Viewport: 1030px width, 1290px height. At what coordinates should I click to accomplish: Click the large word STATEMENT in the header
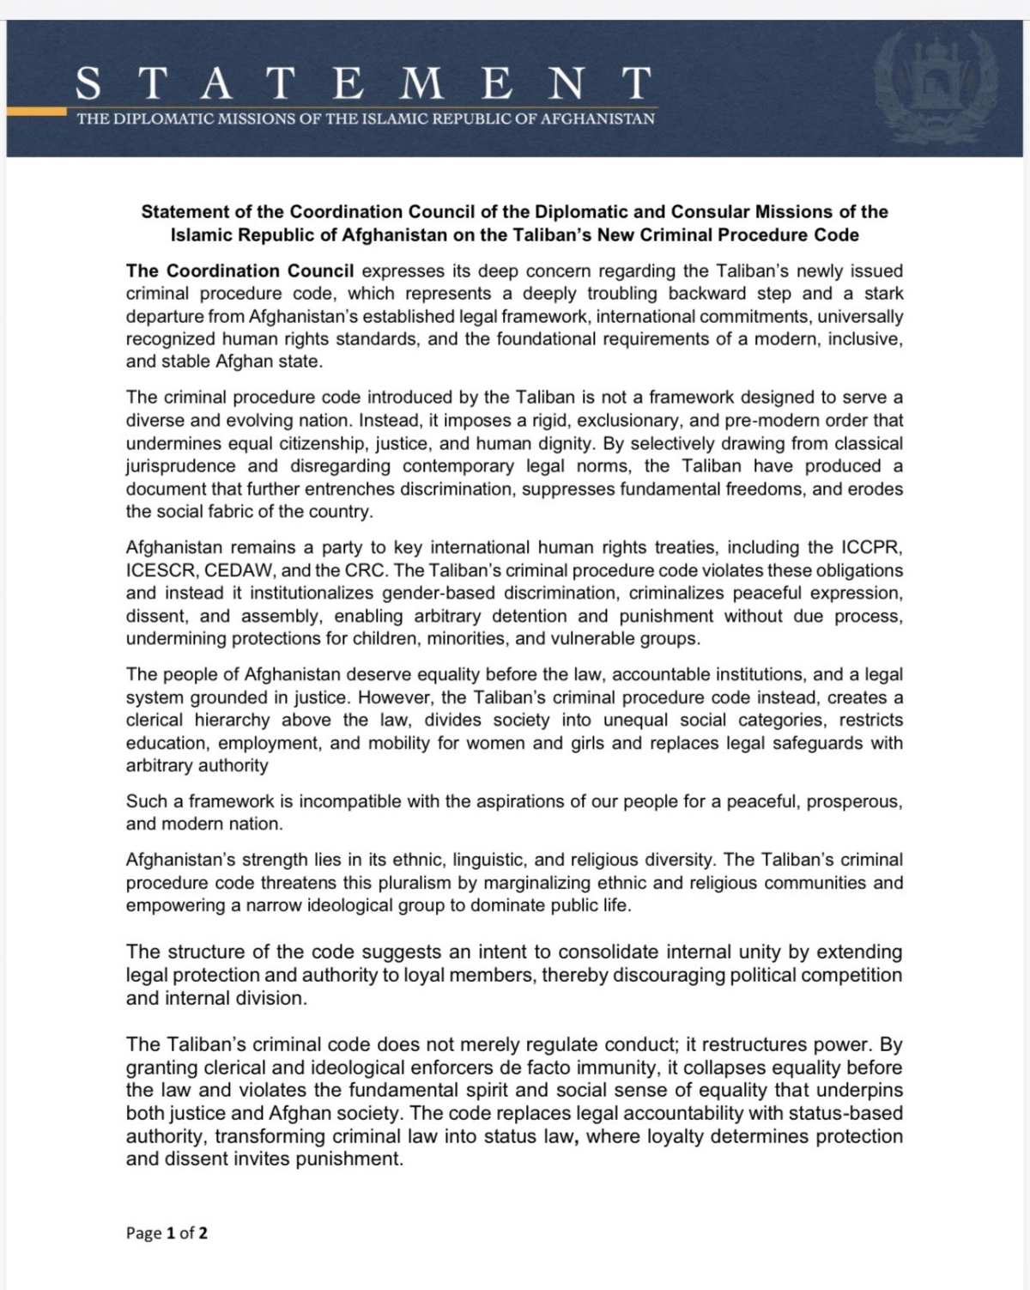tap(363, 84)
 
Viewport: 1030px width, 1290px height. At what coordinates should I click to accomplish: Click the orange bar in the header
tap(36, 111)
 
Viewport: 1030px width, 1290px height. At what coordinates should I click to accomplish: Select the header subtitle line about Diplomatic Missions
tap(366, 119)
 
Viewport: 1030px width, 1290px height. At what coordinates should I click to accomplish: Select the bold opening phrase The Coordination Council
tap(239, 271)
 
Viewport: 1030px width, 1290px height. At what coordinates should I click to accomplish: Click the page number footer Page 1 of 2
tap(167, 1233)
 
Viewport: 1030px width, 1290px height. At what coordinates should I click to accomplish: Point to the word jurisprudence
tap(181, 466)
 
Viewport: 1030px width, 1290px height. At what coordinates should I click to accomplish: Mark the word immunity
tap(608, 1068)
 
